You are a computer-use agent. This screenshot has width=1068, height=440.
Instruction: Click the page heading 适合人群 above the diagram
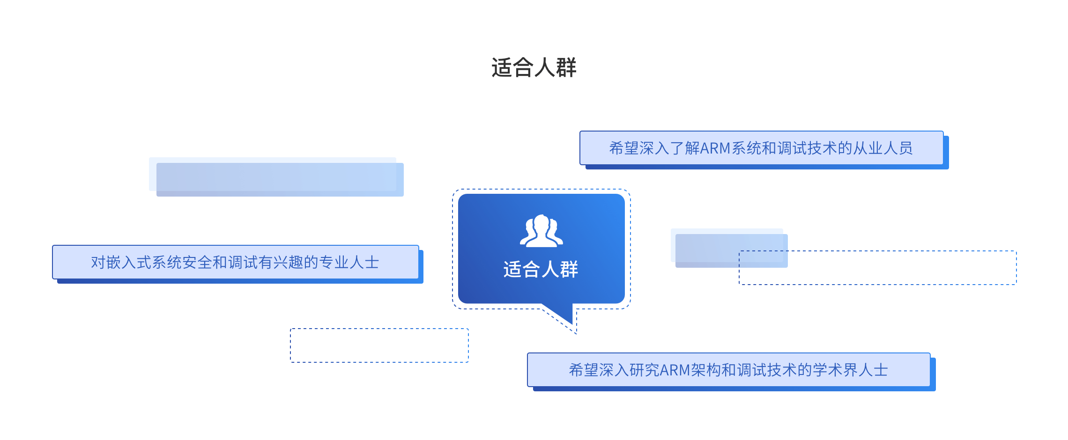click(x=534, y=68)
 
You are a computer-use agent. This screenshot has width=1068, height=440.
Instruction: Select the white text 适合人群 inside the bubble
click(x=541, y=270)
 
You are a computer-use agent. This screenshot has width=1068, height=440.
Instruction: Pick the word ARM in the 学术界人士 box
click(x=675, y=370)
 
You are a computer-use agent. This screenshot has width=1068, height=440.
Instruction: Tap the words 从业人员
click(x=883, y=148)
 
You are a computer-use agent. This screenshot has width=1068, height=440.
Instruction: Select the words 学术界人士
click(x=850, y=370)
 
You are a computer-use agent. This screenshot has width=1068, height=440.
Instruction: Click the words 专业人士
click(x=349, y=263)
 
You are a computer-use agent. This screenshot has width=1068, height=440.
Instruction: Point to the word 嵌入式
click(x=129, y=263)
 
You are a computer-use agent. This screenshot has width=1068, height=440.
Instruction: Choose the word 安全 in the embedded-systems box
click(x=197, y=263)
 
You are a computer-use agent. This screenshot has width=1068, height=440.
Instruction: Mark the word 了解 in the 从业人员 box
click(x=685, y=148)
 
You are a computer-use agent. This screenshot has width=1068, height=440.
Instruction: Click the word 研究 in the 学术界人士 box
click(x=644, y=370)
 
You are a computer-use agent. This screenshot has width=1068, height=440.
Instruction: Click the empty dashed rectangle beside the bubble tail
click(x=379, y=345)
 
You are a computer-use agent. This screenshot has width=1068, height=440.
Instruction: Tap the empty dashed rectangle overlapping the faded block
click(x=890, y=268)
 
